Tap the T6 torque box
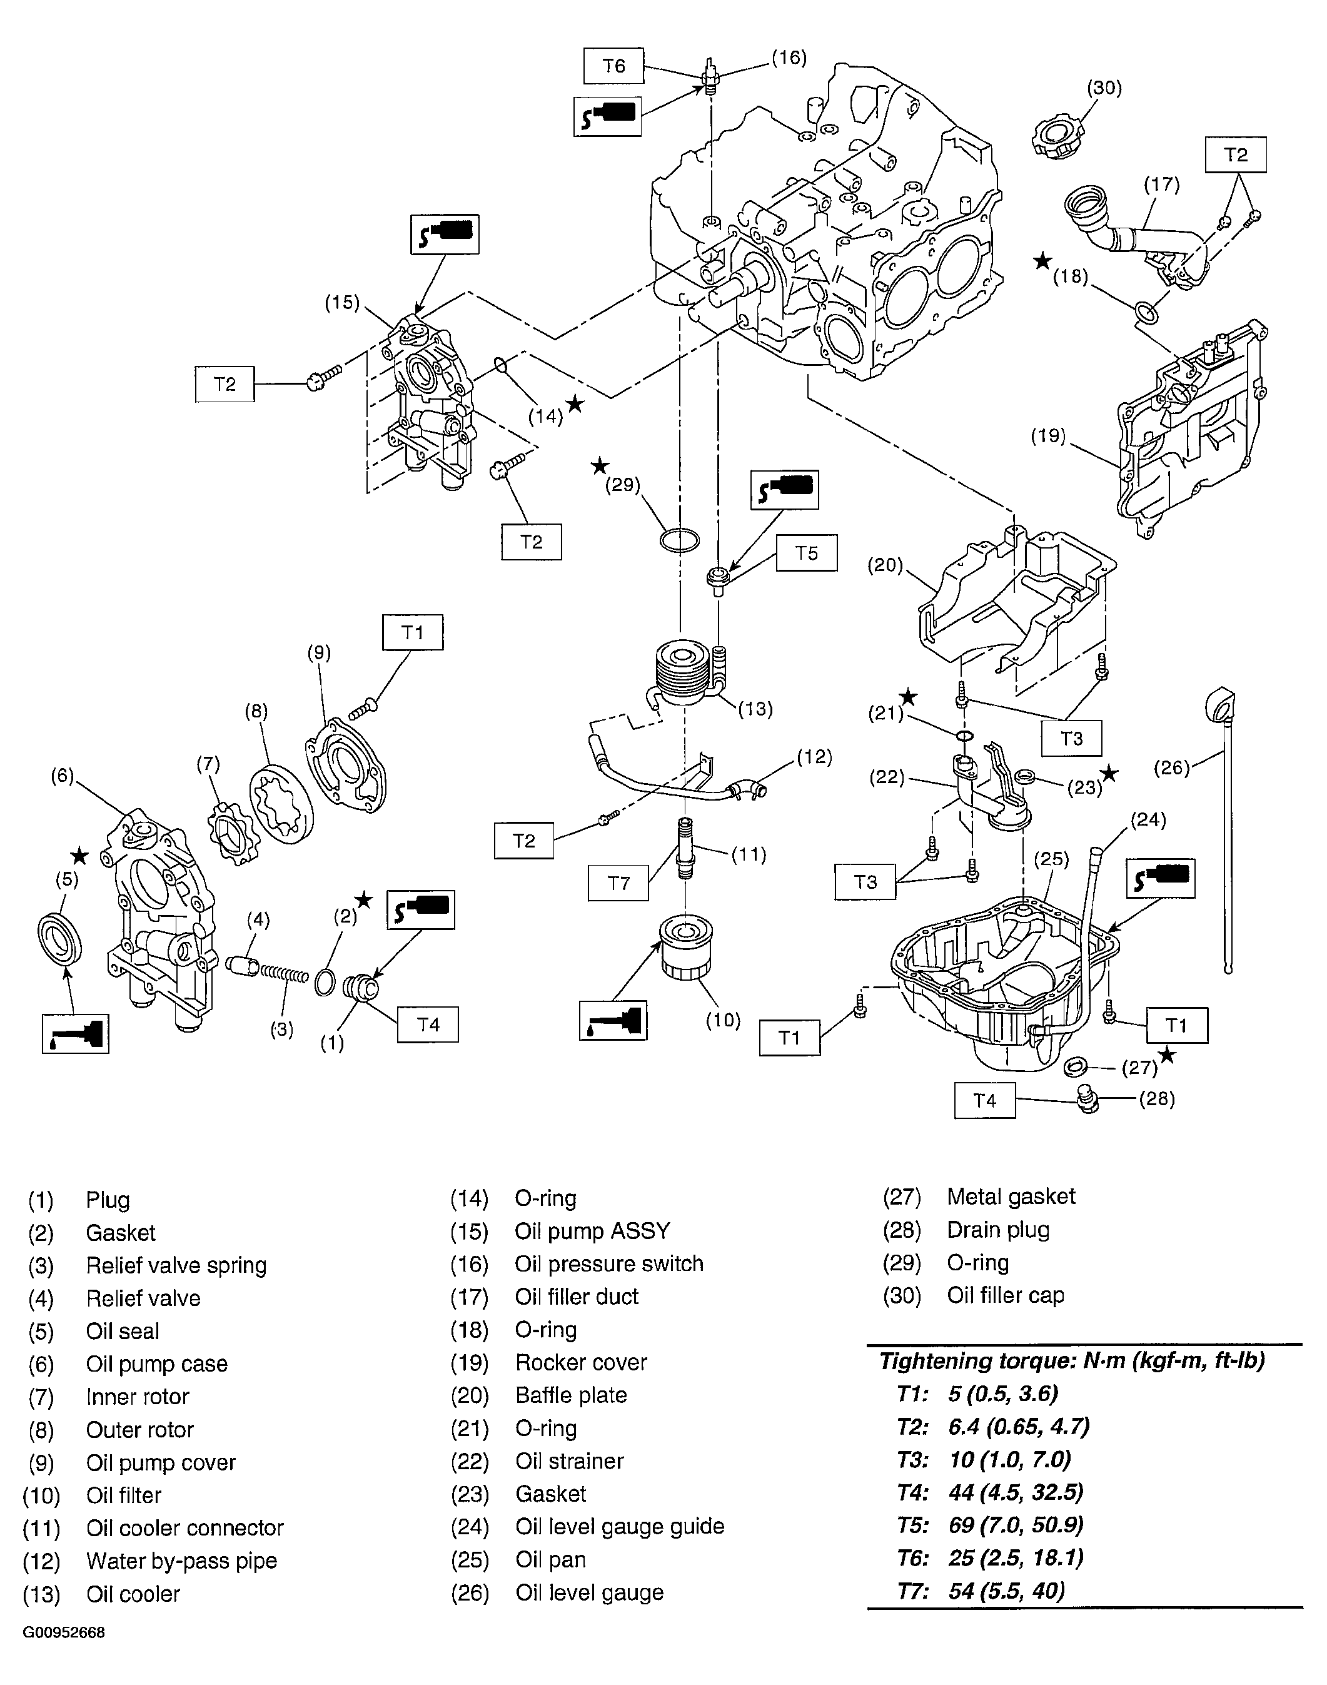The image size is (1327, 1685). click(x=613, y=66)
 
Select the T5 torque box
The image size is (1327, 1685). click(x=807, y=553)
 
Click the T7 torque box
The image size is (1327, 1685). click(x=618, y=883)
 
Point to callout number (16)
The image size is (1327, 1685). click(x=789, y=58)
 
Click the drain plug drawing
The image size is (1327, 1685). click(x=1089, y=1100)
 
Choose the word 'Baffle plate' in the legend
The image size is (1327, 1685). click(x=571, y=1395)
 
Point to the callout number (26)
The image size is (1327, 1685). click(x=1172, y=767)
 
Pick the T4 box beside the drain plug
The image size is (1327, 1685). click(x=984, y=1101)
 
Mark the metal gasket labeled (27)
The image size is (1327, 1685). click(x=1075, y=1066)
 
